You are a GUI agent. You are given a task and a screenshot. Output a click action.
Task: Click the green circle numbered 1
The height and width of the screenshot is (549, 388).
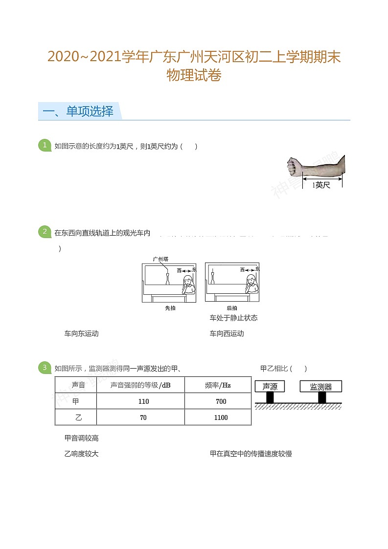45,145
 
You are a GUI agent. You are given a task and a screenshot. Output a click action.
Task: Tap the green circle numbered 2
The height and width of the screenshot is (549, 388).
45,232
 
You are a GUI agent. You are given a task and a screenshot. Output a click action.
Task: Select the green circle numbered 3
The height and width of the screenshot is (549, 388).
45,368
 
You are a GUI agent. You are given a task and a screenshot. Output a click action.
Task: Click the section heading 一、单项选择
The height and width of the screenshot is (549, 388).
78,111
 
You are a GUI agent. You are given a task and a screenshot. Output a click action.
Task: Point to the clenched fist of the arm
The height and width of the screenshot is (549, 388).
294,166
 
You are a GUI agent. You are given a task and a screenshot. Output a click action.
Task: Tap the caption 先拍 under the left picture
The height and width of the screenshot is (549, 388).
170,308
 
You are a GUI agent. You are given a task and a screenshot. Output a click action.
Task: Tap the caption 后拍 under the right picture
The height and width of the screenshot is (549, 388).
232,308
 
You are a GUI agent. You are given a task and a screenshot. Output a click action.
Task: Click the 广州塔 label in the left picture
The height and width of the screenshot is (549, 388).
160,259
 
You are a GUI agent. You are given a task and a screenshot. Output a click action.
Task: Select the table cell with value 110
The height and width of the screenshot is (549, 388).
143,401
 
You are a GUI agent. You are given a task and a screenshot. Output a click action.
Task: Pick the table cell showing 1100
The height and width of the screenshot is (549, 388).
221,417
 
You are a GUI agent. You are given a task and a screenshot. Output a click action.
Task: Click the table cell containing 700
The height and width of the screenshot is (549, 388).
221,401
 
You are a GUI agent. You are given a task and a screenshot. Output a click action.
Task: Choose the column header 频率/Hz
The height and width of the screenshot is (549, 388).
218,385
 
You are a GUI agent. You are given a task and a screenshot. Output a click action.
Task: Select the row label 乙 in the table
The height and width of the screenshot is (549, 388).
75,417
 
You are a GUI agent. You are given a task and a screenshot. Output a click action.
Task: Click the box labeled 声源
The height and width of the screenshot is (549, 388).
270,386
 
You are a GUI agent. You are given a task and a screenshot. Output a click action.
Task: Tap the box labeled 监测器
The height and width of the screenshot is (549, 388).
320,386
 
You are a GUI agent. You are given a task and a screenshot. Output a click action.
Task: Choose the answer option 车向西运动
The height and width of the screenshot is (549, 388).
227,333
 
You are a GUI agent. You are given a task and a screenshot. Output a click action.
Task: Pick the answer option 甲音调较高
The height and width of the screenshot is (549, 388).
82,438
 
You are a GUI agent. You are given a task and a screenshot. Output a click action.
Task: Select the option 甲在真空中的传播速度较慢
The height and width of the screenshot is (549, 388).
251,454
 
